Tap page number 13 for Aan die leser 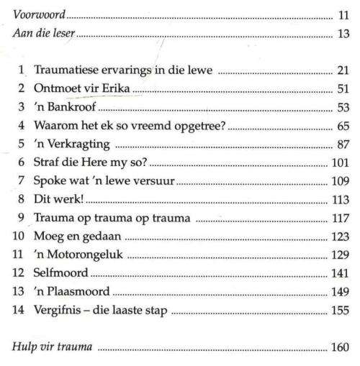coord(343,34)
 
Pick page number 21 coord(343,72)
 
